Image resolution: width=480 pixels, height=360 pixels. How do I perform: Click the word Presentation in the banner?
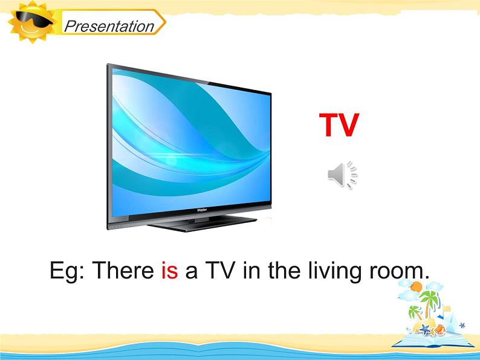point(109,27)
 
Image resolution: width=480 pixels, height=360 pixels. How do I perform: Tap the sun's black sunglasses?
point(34,19)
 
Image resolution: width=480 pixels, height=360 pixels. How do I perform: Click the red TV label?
point(339,125)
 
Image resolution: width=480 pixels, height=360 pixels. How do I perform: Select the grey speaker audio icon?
point(343,175)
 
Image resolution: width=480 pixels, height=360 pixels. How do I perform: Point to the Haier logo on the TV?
point(202,210)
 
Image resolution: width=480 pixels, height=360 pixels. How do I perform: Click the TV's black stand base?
point(202,224)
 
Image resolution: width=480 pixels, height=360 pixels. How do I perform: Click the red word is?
point(170,271)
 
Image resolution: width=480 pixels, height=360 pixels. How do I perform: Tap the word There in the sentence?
point(123,271)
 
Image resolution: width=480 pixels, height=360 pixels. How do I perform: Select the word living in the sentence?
point(335,271)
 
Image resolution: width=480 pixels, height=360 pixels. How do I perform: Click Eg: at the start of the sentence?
point(66,271)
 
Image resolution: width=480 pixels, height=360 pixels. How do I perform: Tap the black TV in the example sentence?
point(220,270)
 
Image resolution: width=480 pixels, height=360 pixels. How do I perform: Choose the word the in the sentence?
point(284,270)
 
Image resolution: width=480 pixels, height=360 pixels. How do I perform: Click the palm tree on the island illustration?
point(429,302)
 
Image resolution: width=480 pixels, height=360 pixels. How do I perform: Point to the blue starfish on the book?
point(424,329)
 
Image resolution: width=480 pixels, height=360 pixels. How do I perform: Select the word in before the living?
point(251,270)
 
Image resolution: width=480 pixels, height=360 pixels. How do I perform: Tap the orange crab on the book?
point(439,329)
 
